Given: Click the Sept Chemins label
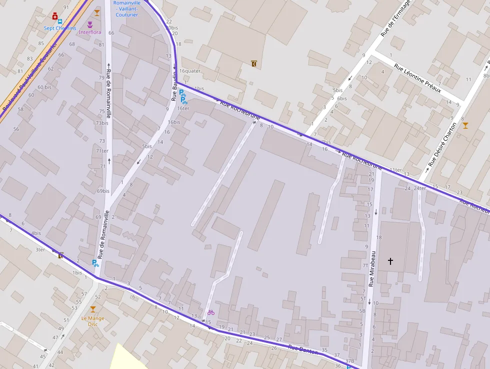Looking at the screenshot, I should [60, 28].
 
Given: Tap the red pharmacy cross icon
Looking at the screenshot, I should [54, 16].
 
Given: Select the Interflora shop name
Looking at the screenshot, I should [90, 33].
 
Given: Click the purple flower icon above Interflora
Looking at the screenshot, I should [90, 24].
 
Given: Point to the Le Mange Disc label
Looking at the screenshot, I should [92, 320].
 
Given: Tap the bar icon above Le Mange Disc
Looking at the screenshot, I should [92, 309].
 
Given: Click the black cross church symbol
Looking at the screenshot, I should [390, 261].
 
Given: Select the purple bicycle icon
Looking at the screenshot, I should [211, 312].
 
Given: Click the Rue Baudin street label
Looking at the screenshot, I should [174, 86].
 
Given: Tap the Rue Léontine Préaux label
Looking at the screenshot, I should [417, 78].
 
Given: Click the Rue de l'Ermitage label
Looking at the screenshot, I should [395, 19].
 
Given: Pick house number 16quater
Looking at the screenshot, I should [189, 71].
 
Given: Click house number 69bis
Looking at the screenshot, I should [103, 191].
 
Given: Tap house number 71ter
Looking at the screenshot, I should [102, 151].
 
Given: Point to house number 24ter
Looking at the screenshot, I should [419, 188].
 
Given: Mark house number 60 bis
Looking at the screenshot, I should [44, 87].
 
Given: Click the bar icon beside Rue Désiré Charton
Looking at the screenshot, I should [465, 125].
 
